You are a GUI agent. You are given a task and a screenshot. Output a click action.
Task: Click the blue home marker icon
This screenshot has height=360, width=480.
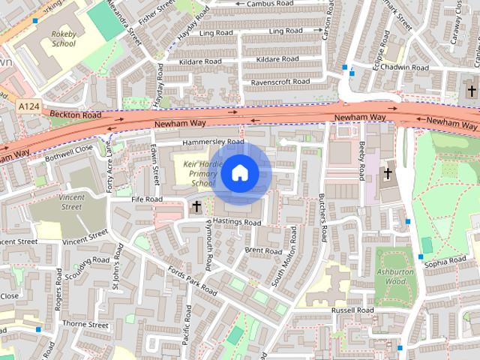coord(239,173)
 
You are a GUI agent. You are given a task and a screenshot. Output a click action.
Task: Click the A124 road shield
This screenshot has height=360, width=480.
coord(28,108)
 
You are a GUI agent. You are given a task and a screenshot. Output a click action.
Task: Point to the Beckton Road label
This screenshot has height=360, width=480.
coord(75,115)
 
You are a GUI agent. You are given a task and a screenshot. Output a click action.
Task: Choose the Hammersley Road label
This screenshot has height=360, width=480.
coord(214,142)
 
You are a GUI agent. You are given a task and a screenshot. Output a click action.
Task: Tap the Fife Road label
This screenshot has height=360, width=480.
coord(146,199)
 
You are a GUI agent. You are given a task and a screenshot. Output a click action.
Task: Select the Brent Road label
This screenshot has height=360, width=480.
coord(262,250)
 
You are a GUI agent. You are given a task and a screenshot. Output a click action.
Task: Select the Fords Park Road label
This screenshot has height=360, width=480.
coord(192,281)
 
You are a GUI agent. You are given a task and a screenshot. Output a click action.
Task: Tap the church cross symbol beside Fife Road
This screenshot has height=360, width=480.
coord(196,205)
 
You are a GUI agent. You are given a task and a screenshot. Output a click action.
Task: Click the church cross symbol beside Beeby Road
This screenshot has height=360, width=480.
coord(388,174)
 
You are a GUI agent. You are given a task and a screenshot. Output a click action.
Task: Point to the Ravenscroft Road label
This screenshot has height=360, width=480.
coord(280,81)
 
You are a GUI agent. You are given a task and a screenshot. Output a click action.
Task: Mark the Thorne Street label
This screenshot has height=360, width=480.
coord(85,325)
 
